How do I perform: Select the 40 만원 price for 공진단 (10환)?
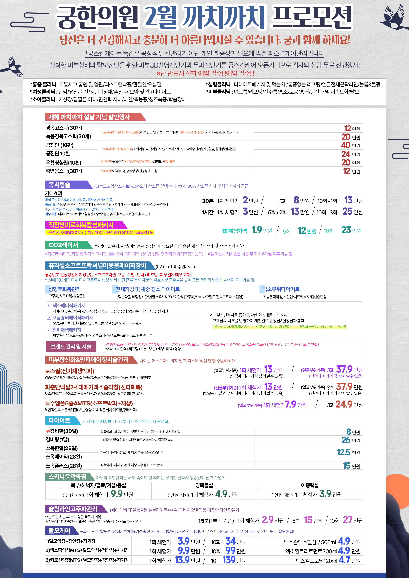pyautogui.click(x=350, y=145)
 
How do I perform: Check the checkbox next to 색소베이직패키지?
pyautogui.click(x=49, y=305)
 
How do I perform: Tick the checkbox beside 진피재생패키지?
pyautogui.click(x=49, y=330)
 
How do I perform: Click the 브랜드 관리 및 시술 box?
pyautogui.click(x=71, y=347)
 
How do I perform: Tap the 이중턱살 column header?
pyautogui.click(x=310, y=485)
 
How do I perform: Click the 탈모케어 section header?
pyautogui.click(x=60, y=531)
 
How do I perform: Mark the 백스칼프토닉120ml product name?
pyautogui.click(x=316, y=561)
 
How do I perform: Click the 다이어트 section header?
pyautogui.click(x=60, y=420)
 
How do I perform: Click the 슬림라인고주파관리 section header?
pyautogui.click(x=73, y=509)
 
